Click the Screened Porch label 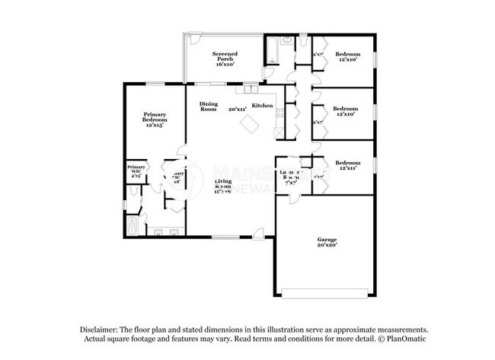click(x=225, y=58)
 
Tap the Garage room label click(x=327, y=243)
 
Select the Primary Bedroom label click(x=155, y=119)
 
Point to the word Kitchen click(x=263, y=105)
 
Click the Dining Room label click(x=209, y=107)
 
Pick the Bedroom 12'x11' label click(x=348, y=165)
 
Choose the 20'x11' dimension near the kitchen click(x=237, y=110)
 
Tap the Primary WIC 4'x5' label click(x=136, y=170)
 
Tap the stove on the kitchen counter click(x=280, y=114)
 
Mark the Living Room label click(x=223, y=183)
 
